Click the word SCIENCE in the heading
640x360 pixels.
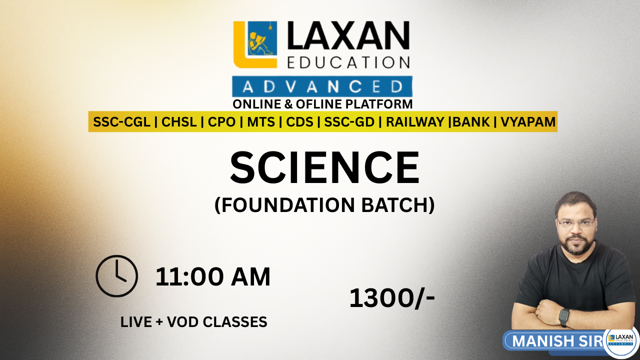[x=324, y=168]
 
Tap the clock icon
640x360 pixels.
[x=116, y=276]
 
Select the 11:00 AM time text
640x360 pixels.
[x=213, y=277]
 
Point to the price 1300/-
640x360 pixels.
[x=392, y=298]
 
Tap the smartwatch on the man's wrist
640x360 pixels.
[x=564, y=316]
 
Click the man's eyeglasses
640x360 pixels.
[x=576, y=223]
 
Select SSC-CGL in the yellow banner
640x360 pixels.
[x=121, y=122]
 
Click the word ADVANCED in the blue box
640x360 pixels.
[x=322, y=87]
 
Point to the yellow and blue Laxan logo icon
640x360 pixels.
[x=255, y=44]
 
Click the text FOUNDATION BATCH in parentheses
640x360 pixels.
[x=324, y=205]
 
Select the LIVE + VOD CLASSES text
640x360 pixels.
[x=194, y=322]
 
